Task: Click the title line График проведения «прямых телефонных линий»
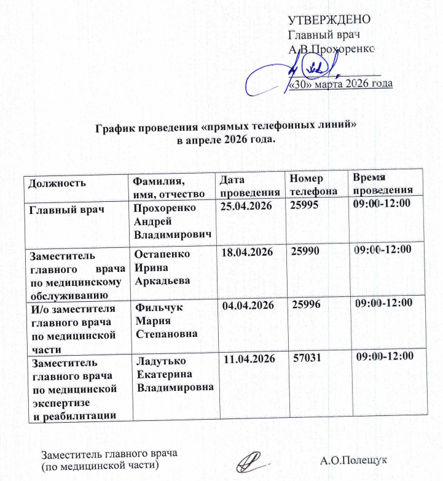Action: (x=226, y=128)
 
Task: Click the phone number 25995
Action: (x=305, y=208)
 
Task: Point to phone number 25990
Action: (x=306, y=252)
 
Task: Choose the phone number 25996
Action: (x=307, y=304)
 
